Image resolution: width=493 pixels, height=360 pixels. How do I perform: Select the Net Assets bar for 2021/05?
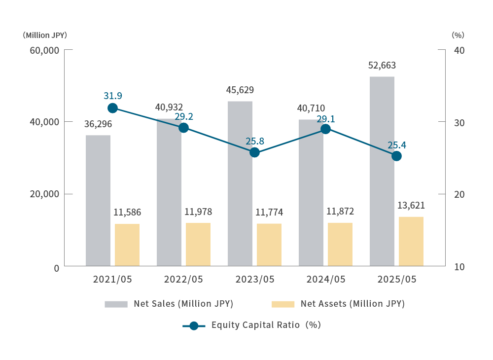127,245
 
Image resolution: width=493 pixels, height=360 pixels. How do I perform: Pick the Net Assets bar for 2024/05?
340,244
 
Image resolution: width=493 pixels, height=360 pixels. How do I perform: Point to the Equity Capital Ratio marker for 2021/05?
112,108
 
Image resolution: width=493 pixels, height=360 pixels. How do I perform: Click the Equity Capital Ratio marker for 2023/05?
254,152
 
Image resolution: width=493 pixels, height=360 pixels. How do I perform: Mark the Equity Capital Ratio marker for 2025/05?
396,156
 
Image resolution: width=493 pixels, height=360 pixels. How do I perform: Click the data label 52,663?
382,66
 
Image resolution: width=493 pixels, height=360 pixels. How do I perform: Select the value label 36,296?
98,125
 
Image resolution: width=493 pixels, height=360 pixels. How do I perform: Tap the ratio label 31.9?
113,95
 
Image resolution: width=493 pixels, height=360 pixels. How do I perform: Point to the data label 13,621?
411,206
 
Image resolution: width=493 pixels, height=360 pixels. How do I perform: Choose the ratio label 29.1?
325,119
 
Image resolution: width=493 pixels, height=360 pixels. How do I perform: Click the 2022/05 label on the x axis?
183,279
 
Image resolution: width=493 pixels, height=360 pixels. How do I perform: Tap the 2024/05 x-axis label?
325,279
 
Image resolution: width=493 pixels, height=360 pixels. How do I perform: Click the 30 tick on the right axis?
459,122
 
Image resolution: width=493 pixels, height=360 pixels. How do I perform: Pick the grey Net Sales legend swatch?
116,304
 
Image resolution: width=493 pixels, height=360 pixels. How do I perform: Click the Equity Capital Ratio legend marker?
194,325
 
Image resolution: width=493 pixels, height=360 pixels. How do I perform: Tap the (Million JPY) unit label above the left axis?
44,36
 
